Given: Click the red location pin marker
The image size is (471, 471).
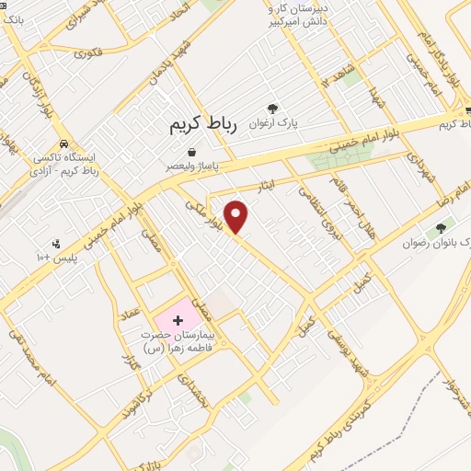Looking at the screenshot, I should click(237, 216).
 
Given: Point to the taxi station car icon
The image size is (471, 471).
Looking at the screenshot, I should click(63, 144).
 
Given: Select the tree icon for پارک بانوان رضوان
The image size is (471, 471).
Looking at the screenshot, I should click(442, 227).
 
